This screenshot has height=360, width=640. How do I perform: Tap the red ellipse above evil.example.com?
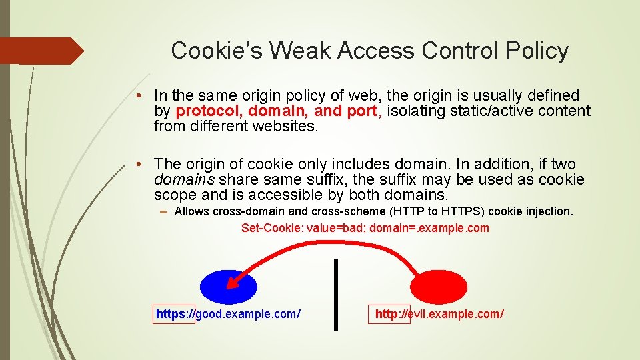[439, 287]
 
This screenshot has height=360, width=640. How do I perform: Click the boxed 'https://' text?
[174, 314]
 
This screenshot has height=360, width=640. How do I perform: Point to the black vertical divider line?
[335, 294]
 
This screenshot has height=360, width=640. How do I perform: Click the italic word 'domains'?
[184, 180]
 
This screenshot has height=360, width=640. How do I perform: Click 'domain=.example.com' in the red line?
[429, 229]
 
